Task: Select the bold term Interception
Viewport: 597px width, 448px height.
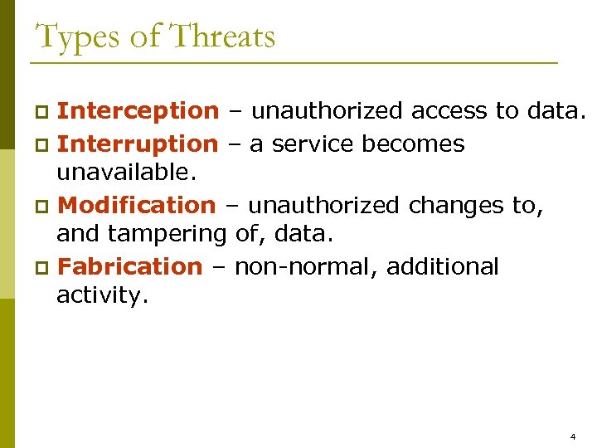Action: [x=138, y=110]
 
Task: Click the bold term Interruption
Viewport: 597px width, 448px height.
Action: [x=138, y=144]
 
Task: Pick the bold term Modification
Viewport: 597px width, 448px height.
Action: [x=137, y=205]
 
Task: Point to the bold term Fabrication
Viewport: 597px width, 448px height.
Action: [x=130, y=266]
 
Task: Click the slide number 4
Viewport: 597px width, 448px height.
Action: [x=573, y=436]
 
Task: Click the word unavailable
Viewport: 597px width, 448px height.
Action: [x=126, y=173]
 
